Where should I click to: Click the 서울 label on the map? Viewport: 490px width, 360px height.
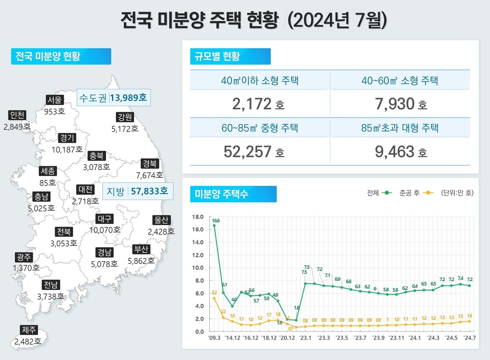[x=54, y=100]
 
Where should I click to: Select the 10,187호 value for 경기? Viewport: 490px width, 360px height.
[x=67, y=149]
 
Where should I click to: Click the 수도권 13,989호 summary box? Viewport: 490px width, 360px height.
[x=113, y=98]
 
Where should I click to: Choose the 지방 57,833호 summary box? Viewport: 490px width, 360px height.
[x=138, y=191]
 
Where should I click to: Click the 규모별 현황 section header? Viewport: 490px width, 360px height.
[x=230, y=56]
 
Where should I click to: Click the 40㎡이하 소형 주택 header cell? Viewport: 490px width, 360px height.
[x=260, y=81]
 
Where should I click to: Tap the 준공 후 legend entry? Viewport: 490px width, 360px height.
[x=416, y=193]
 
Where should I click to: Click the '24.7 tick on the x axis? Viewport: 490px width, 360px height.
[x=470, y=338]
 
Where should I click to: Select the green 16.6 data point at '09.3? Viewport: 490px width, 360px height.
[x=214, y=226]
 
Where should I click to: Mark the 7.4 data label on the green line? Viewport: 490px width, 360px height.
[x=460, y=278]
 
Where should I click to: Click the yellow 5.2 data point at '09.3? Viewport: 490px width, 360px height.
[x=214, y=298]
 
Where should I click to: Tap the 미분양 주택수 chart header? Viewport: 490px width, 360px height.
[x=233, y=194]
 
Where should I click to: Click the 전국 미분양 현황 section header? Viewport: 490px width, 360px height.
[x=61, y=56]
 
